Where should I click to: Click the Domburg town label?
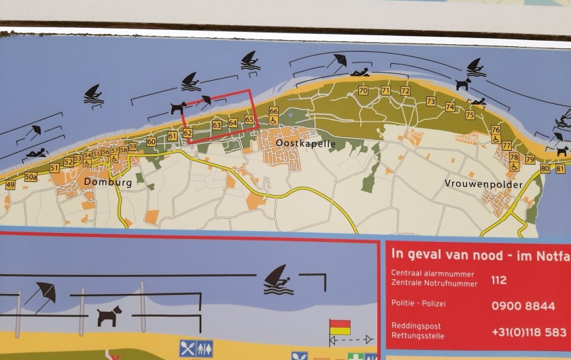[x=102, y=181]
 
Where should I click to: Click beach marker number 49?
[x=10, y=185]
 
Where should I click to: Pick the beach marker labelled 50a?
[x=31, y=177]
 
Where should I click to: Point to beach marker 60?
[x=151, y=142]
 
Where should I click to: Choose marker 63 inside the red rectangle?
[x=217, y=125]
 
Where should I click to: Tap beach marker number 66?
[x=273, y=111]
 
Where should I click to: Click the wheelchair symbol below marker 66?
[x=274, y=121]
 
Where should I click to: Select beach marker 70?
[x=363, y=90]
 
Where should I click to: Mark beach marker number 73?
[x=431, y=101]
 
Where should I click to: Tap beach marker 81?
[x=559, y=168]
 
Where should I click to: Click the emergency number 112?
[x=498, y=279]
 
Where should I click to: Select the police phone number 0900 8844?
[x=523, y=306]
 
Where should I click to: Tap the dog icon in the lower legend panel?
[x=109, y=314]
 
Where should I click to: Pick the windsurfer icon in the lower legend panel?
[x=278, y=280]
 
